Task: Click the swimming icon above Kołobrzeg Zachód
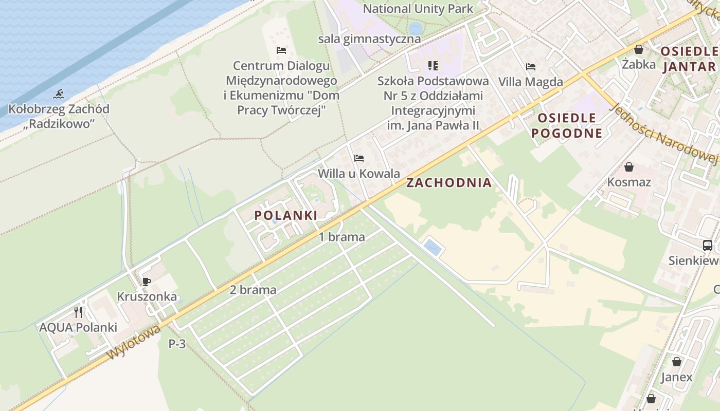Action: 59,94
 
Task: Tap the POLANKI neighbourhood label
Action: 286,215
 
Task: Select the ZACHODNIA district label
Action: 449,182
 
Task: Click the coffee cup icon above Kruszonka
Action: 147,281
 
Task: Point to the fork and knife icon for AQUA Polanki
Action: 78,312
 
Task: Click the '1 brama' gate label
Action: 342,237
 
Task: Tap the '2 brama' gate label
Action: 253,290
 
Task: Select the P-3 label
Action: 177,344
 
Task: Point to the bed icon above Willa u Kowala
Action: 359,158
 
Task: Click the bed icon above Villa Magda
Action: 531,67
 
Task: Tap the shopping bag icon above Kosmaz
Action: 629,167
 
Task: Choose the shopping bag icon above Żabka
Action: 639,49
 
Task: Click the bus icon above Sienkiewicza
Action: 708,245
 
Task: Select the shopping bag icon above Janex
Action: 677,362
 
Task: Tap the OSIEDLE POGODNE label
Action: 567,125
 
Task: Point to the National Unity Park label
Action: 418,9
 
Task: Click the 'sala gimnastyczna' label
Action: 369,39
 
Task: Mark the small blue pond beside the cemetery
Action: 433,248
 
